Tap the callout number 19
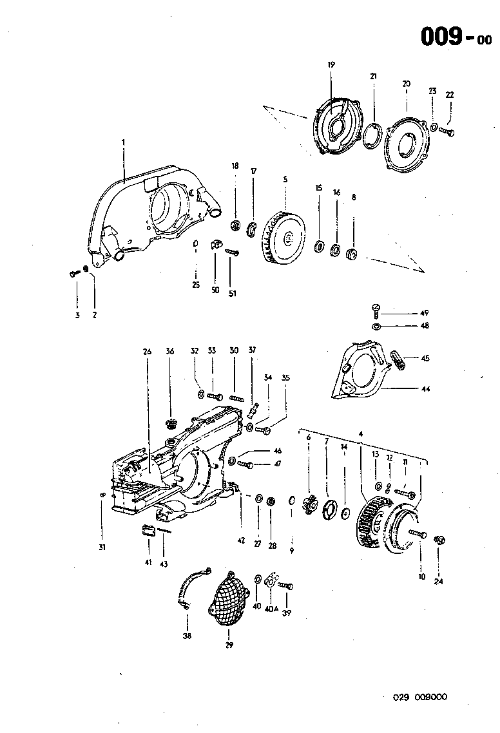[331, 65]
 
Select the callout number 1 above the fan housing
[123, 141]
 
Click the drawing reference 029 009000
[421, 697]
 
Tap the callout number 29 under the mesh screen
[229, 644]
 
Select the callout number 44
[425, 389]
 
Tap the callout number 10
[421, 576]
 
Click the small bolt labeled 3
[73, 274]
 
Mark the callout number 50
[215, 290]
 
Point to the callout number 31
[102, 547]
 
